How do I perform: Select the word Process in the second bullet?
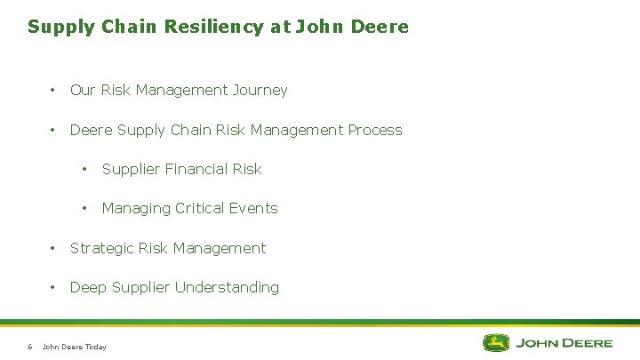[375, 130]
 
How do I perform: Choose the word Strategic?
[103, 248]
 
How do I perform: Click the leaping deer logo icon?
[496, 342]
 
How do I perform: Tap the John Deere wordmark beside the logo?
[564, 342]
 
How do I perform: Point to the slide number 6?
[29, 347]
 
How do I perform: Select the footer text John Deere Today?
[75, 347]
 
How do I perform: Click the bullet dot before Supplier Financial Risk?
[85, 169]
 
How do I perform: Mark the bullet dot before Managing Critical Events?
[85, 208]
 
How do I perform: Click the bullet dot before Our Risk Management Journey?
[53, 90]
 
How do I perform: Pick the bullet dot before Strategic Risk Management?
[53, 248]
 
